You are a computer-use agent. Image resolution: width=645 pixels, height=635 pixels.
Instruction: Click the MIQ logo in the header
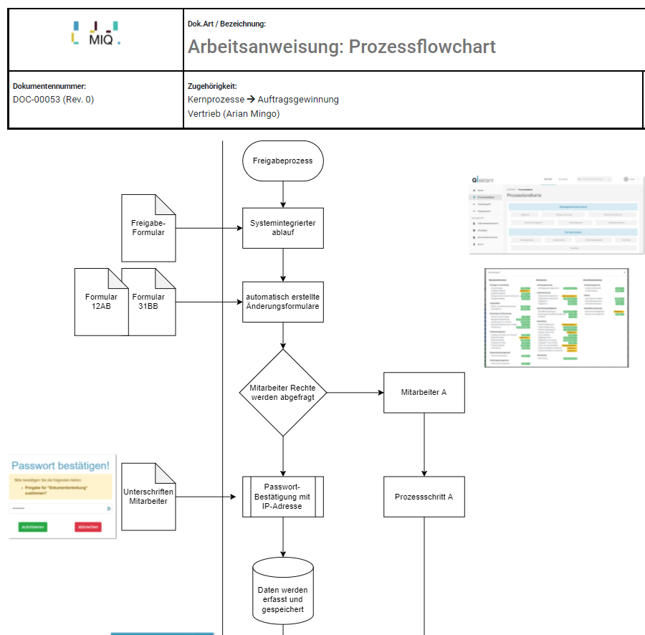click(x=96, y=33)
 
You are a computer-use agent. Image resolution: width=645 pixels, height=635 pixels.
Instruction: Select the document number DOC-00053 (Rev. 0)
click(x=53, y=100)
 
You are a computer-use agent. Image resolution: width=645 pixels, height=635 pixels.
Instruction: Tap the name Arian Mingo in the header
click(x=253, y=113)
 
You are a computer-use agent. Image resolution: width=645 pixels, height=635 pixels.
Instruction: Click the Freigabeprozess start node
click(x=283, y=161)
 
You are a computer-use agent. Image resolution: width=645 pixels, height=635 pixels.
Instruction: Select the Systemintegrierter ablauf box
click(x=283, y=228)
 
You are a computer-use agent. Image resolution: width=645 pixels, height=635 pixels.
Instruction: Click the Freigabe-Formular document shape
click(x=148, y=228)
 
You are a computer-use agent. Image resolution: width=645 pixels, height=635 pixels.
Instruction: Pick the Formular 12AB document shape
click(x=100, y=302)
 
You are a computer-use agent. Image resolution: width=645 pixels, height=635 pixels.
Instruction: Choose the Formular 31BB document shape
click(x=148, y=302)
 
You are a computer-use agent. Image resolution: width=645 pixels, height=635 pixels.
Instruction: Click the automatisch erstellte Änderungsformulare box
click(x=283, y=302)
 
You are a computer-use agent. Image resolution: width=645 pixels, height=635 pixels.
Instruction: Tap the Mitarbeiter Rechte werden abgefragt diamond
click(x=283, y=393)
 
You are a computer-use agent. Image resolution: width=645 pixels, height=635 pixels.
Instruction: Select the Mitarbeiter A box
click(x=424, y=393)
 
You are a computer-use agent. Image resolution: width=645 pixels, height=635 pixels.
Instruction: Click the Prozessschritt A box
click(x=424, y=497)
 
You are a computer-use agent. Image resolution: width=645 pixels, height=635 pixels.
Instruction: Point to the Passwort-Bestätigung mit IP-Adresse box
click(x=283, y=497)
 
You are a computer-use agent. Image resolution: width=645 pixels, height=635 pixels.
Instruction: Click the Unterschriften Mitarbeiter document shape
click(x=148, y=497)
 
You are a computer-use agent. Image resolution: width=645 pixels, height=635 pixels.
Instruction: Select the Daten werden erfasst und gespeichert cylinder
click(x=283, y=597)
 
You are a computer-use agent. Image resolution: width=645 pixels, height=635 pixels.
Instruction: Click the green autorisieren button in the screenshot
click(x=32, y=527)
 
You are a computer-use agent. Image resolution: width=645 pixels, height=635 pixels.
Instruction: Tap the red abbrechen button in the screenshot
click(x=87, y=527)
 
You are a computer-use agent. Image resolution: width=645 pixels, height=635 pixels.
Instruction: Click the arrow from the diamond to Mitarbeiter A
click(x=355, y=393)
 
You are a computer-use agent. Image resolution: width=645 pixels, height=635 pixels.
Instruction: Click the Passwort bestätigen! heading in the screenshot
click(x=60, y=465)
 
